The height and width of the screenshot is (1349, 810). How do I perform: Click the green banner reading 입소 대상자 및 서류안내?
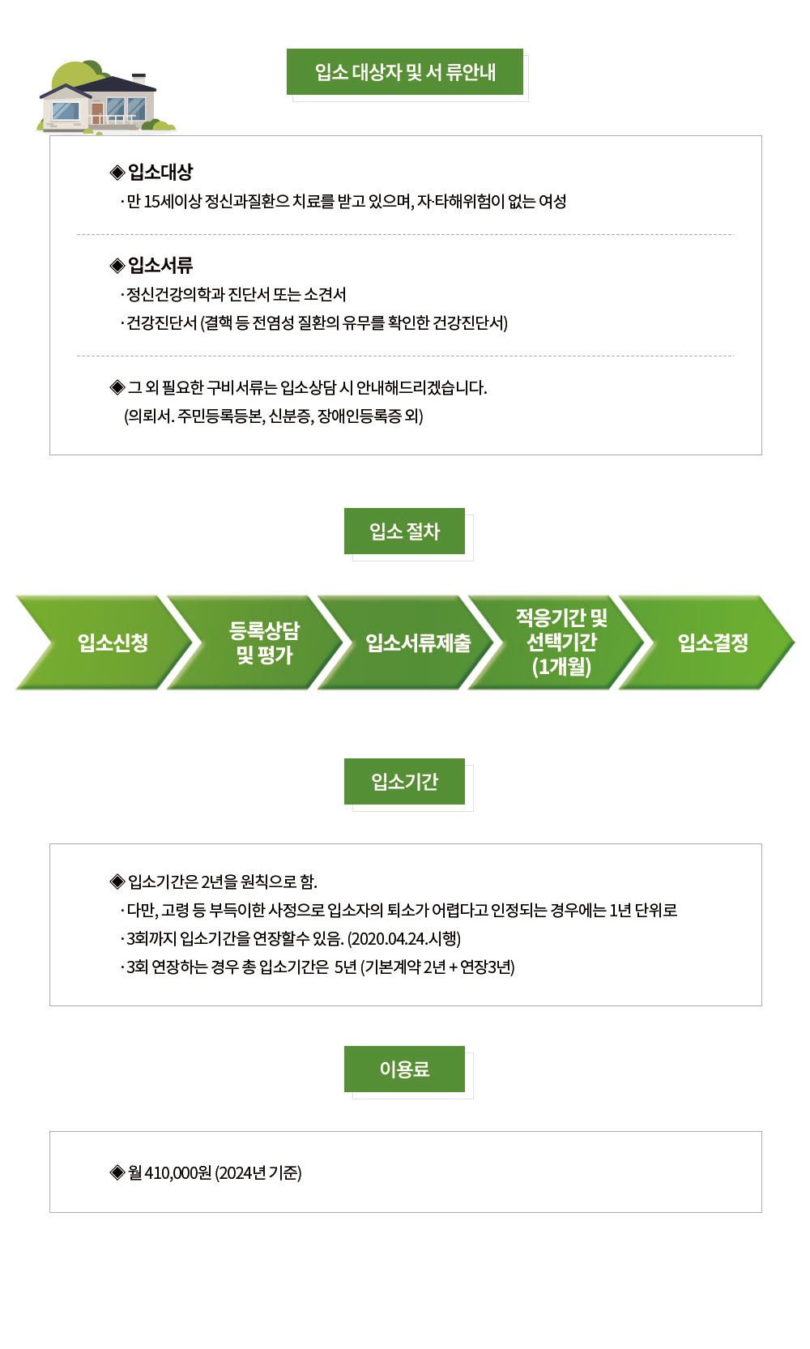click(x=405, y=72)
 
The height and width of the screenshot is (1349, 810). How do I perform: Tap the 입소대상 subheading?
click(x=160, y=172)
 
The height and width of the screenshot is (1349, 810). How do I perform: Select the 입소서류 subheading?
click(x=160, y=265)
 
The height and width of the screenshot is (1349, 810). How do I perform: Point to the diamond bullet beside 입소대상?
click(x=117, y=172)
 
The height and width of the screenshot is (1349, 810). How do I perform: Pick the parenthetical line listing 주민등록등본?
click(x=274, y=416)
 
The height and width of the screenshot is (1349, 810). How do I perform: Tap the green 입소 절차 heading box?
click(x=404, y=531)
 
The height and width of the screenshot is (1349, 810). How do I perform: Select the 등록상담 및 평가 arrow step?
click(x=264, y=642)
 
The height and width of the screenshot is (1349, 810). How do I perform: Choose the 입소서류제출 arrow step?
click(x=418, y=642)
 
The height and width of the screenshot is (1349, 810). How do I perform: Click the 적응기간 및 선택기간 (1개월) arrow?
click(x=562, y=642)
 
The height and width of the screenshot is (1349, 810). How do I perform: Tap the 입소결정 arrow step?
click(x=713, y=642)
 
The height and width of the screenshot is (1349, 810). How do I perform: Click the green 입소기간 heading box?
click(x=404, y=782)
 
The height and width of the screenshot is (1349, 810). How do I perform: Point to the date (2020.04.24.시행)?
click(x=404, y=938)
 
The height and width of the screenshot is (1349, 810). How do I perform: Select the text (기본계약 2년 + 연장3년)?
click(x=438, y=967)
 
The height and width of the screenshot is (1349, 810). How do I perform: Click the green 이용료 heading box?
click(x=404, y=1069)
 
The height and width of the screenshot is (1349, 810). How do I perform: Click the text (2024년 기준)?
click(x=258, y=1172)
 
